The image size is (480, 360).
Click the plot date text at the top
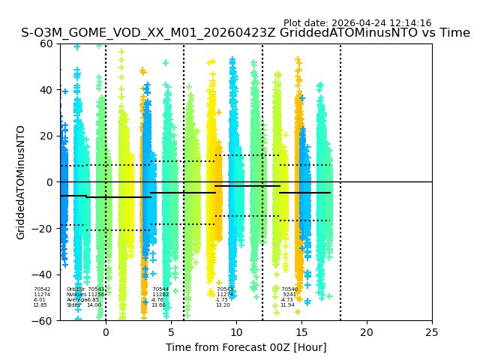click(357, 23)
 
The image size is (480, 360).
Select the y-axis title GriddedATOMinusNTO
click(21, 182)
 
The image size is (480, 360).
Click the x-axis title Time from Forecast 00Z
click(246, 347)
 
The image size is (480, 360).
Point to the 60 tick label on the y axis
click(46, 43)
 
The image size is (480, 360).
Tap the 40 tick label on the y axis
click(46, 90)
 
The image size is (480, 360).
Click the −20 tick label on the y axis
click(43, 229)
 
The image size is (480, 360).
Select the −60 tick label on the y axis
click(43, 321)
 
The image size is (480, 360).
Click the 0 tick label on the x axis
click(106, 331)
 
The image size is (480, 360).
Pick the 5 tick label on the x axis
click(171, 331)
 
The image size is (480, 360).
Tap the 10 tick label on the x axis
click(236, 331)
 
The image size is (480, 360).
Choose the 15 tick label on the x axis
click(301, 331)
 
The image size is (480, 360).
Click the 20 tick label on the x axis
click(367, 331)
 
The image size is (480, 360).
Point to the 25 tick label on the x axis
click(432, 331)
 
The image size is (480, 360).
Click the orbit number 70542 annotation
click(42, 289)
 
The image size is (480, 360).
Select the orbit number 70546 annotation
click(289, 289)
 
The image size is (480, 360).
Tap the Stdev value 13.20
click(223, 305)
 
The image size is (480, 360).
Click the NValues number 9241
click(289, 295)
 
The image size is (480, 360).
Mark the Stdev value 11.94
click(287, 305)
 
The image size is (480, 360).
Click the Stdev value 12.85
click(40, 305)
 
